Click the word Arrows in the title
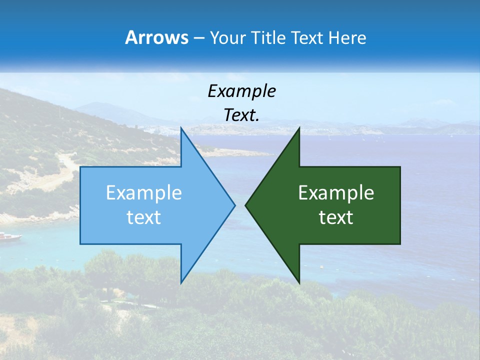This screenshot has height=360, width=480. pos(156,37)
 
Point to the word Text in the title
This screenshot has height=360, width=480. pos(307,38)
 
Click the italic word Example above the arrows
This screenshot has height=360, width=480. pos(241,91)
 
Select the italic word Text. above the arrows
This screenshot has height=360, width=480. pos(241,115)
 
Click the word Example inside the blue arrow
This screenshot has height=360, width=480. pos(144,193)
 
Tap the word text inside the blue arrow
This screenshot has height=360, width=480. pos(144,217)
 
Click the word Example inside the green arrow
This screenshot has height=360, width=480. pos(336,193)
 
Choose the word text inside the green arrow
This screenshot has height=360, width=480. pos(336,217)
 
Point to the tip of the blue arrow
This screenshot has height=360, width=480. pos(235,204)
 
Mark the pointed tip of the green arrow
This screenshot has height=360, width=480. pos(245,204)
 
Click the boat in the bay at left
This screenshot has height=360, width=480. pos(10,236)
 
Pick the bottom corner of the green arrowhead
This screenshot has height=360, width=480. pos(299,283)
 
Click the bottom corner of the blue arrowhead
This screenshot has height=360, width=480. pos(181,283)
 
